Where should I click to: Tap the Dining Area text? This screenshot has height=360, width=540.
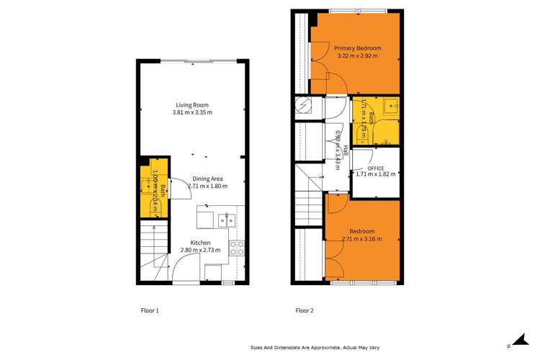click(x=207, y=179)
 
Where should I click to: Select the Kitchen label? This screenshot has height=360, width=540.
click(x=200, y=243)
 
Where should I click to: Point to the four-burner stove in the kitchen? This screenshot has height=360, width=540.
click(x=235, y=248)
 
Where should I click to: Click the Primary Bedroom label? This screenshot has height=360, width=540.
click(x=357, y=48)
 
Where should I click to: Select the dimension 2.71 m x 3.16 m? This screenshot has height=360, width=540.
click(x=361, y=239)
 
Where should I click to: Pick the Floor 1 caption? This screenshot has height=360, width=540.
click(x=149, y=311)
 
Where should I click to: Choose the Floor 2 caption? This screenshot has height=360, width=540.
click(x=305, y=311)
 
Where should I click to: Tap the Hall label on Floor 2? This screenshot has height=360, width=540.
click(x=345, y=150)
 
